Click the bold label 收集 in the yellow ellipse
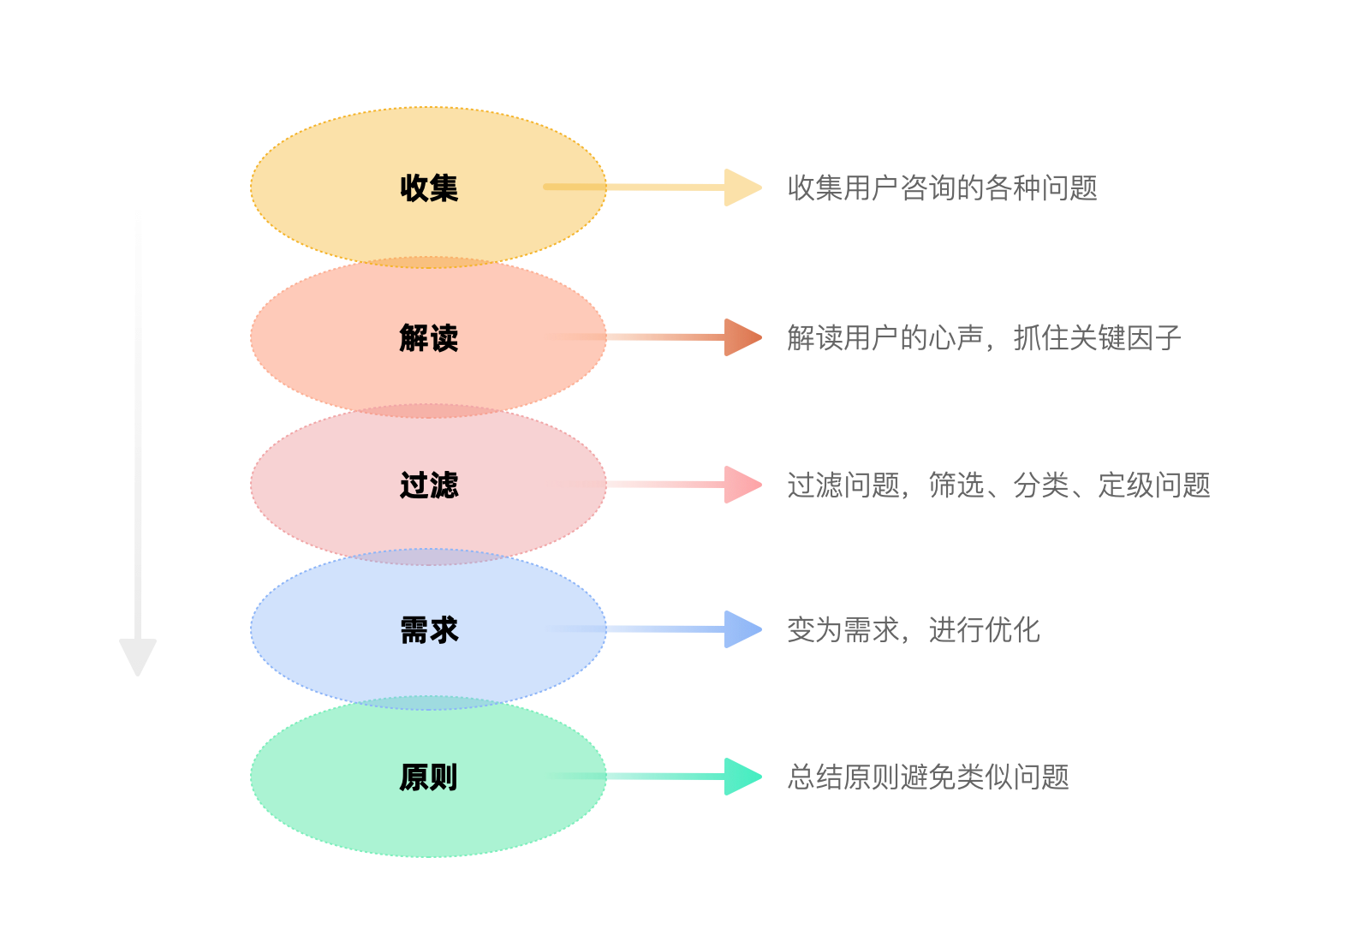tap(429, 188)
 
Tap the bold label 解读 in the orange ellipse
tap(429, 337)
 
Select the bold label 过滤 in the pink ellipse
tap(429, 485)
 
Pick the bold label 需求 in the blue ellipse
tap(429, 630)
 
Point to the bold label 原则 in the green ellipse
tap(429, 777)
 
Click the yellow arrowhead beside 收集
tap(742, 188)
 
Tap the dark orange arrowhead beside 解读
tap(742, 336)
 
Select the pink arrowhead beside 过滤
tap(742, 485)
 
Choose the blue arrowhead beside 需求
tap(742, 629)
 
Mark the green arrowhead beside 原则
tap(742, 777)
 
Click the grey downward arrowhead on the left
tap(138, 656)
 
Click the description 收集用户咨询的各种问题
tap(943, 188)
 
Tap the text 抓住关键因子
tap(1097, 337)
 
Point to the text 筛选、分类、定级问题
tap(1069, 485)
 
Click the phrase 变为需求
tap(843, 630)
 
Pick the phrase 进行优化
tap(984, 630)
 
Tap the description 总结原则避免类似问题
tap(928, 777)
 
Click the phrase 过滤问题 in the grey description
tap(843, 485)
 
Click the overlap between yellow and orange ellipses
tap(429, 263)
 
